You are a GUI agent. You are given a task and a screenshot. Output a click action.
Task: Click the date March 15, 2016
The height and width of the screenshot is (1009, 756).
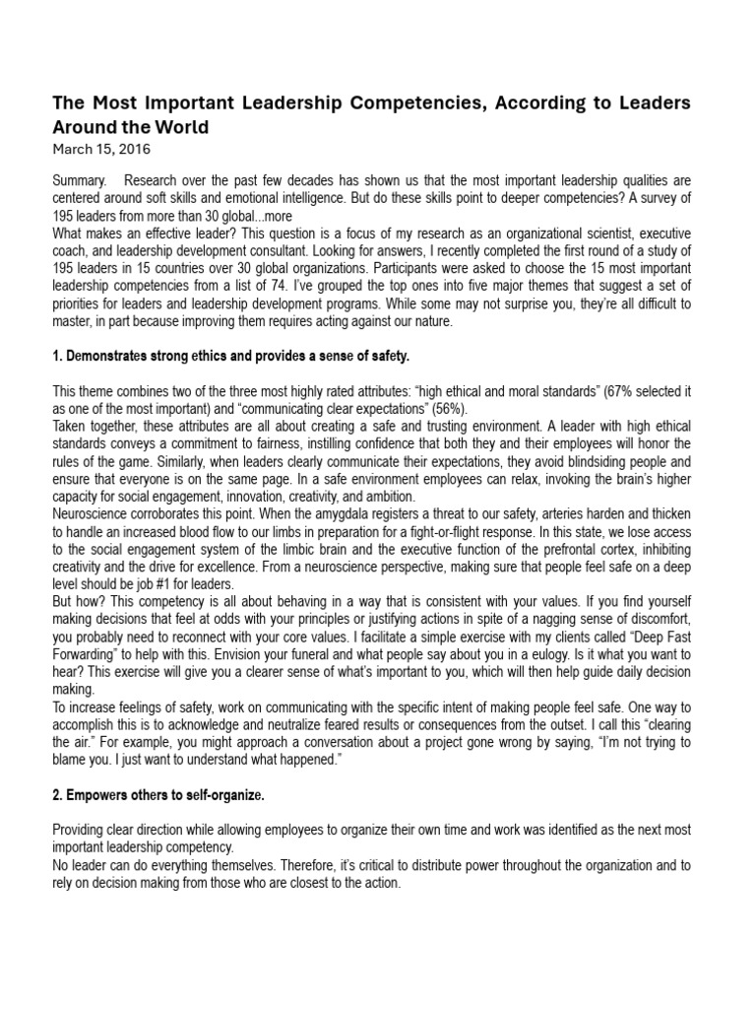pyautogui.click(x=100, y=149)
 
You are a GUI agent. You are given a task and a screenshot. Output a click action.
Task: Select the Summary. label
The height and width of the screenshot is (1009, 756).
pyautogui.click(x=81, y=181)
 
